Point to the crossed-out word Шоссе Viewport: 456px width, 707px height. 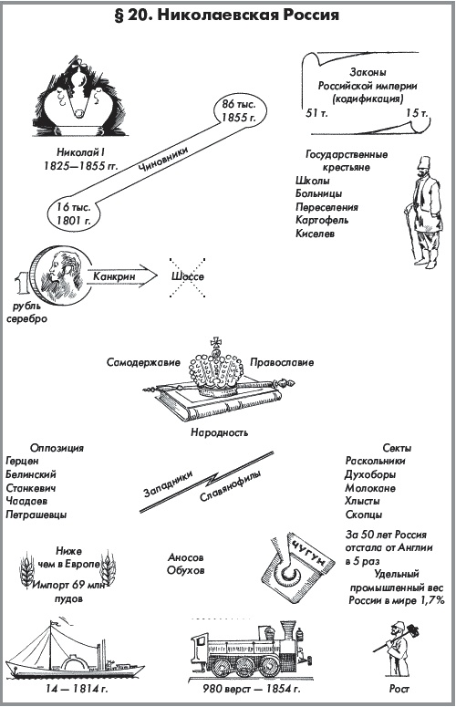point(185,276)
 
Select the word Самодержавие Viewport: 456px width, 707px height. point(141,361)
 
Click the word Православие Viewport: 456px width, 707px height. point(282,361)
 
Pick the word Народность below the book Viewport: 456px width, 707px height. point(217,432)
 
